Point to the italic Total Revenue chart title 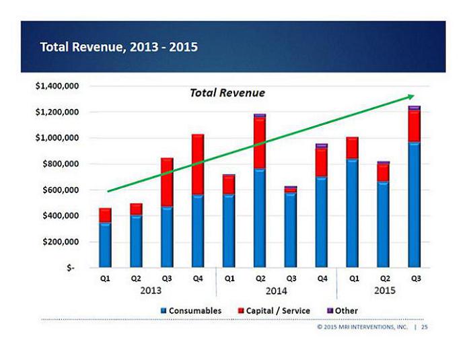click(227, 93)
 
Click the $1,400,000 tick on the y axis click(57, 86)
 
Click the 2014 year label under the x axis click(276, 290)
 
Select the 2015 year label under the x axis click(384, 290)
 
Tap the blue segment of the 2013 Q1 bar click(105, 245)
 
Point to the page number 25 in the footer click(425, 327)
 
